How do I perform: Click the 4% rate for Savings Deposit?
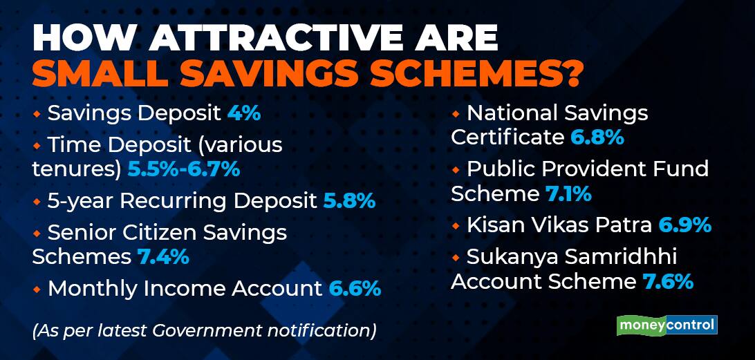[x=243, y=114]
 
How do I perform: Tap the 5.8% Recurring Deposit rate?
[x=349, y=201]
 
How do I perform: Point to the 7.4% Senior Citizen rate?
[x=163, y=256]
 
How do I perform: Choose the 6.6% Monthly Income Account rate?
[x=355, y=289]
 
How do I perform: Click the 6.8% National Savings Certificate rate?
[x=597, y=138]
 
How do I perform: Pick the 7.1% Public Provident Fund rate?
[x=568, y=194]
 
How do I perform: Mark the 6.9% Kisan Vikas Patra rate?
[x=685, y=225]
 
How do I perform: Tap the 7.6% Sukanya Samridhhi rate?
[x=667, y=282]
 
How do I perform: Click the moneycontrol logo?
[x=667, y=325]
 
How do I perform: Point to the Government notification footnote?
[x=204, y=331]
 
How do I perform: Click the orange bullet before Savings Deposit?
[x=37, y=114]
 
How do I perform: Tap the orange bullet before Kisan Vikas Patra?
[x=456, y=225]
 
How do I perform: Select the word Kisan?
[x=493, y=225]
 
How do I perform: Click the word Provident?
[x=595, y=169]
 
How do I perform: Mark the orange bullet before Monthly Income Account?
[x=37, y=289]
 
